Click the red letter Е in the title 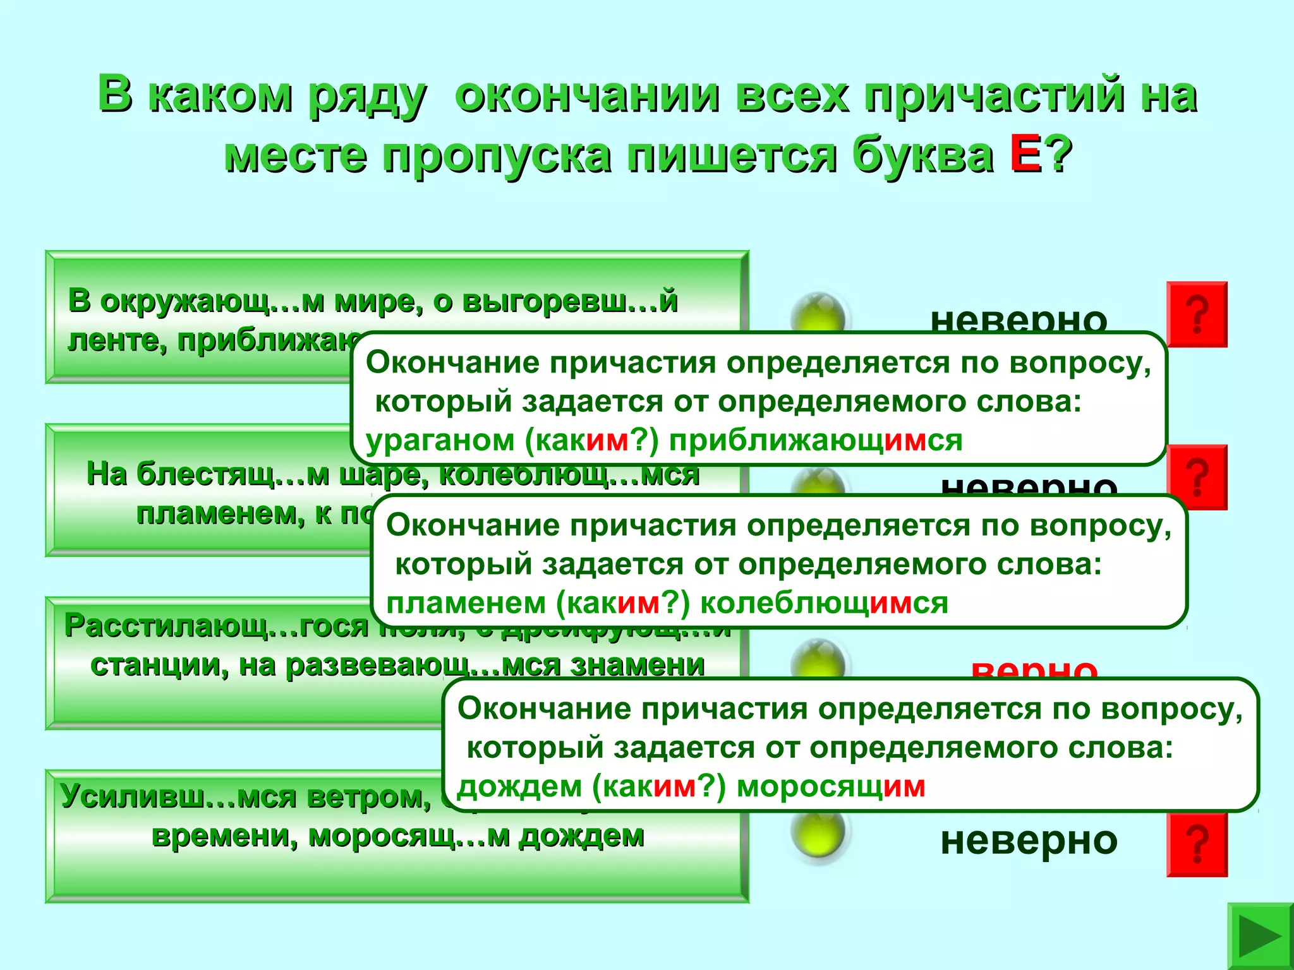pyautogui.click(x=1025, y=155)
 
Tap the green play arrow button pyautogui.click(x=1260, y=937)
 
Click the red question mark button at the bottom pyautogui.click(x=1197, y=844)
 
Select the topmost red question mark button pyautogui.click(x=1197, y=314)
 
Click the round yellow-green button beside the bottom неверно pyautogui.click(x=818, y=834)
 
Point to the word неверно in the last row pyautogui.click(x=1029, y=841)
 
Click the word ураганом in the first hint pyautogui.click(x=440, y=440)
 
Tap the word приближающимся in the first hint pyautogui.click(x=816, y=440)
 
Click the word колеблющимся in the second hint pyautogui.click(x=824, y=603)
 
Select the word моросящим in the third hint pyautogui.click(x=831, y=787)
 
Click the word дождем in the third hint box pyautogui.click(x=520, y=787)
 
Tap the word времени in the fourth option pyautogui.click(x=224, y=836)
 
